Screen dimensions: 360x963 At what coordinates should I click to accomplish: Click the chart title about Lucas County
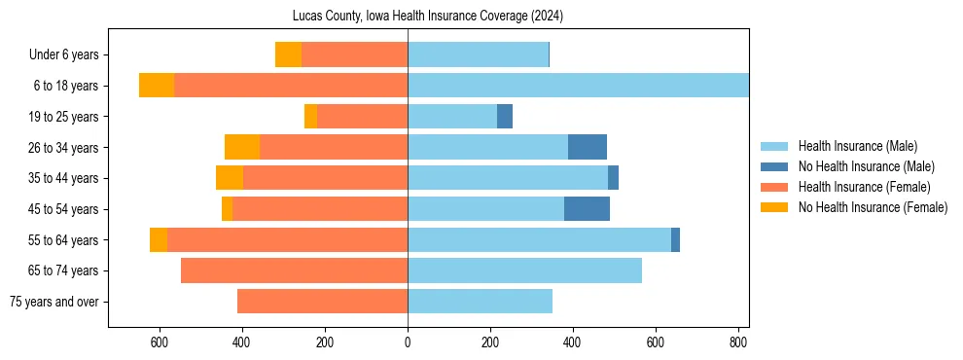428,17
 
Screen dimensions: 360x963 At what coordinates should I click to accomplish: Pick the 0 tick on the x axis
408,342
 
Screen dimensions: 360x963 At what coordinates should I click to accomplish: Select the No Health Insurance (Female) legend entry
873,207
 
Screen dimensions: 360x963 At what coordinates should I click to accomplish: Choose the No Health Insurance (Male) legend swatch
774,166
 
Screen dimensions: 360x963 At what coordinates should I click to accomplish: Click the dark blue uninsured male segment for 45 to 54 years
587,209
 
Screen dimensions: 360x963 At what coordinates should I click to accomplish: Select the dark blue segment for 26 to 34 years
588,147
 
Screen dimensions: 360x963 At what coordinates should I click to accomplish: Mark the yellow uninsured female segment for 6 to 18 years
157,86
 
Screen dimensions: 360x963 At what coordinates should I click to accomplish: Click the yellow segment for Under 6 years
288,54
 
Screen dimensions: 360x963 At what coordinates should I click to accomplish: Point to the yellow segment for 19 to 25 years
310,117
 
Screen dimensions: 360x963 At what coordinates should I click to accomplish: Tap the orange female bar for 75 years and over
322,302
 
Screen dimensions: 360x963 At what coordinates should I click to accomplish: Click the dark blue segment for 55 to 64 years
675,239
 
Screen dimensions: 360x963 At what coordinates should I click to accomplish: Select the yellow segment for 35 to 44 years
230,178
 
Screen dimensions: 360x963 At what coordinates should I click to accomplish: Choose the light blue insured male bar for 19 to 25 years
452,117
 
